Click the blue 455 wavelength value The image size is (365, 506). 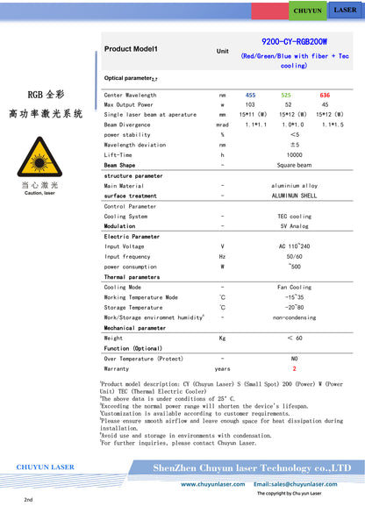tap(250, 95)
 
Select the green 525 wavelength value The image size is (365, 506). tap(286, 95)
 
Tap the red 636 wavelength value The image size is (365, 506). tap(325, 95)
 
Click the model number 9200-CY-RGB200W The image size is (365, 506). tap(295, 40)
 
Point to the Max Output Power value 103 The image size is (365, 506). tap(250, 104)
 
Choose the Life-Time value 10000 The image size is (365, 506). tap(294, 154)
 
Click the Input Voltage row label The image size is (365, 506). tap(124, 246)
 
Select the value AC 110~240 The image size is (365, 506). tap(294, 246)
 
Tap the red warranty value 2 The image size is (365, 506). tap(294, 368)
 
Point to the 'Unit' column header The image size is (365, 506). tap(222, 52)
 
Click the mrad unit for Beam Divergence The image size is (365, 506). tap(222, 125)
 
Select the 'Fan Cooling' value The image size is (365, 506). tap(294, 287)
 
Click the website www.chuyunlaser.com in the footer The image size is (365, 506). tap(212, 483)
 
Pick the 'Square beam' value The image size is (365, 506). tap(294, 165)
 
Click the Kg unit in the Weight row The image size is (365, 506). tap(222, 338)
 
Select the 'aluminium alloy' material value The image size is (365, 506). tap(294, 186)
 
